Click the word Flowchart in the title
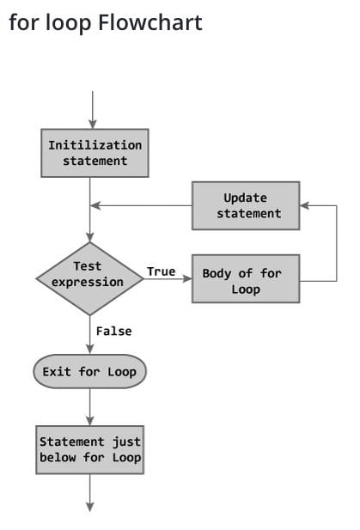[x=150, y=22]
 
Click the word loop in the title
[x=68, y=24]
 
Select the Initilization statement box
[x=95, y=153]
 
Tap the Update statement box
[x=246, y=205]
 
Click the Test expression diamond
[x=89, y=278]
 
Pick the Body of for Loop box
[x=246, y=278]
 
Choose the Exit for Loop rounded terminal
[x=89, y=371]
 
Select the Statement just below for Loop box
[x=89, y=449]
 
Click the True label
[x=161, y=271]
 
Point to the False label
[x=113, y=331]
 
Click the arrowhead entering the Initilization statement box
[x=92, y=124]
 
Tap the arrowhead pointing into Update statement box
[x=304, y=205]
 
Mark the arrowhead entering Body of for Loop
[x=187, y=278]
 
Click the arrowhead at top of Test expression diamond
[x=89, y=237]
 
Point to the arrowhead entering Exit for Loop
[x=89, y=349]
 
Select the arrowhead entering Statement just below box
[x=89, y=421]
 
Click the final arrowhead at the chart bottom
[x=89, y=507]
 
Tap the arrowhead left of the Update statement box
[x=95, y=205]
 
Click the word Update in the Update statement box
[x=246, y=198]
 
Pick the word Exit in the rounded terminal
[x=57, y=371]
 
